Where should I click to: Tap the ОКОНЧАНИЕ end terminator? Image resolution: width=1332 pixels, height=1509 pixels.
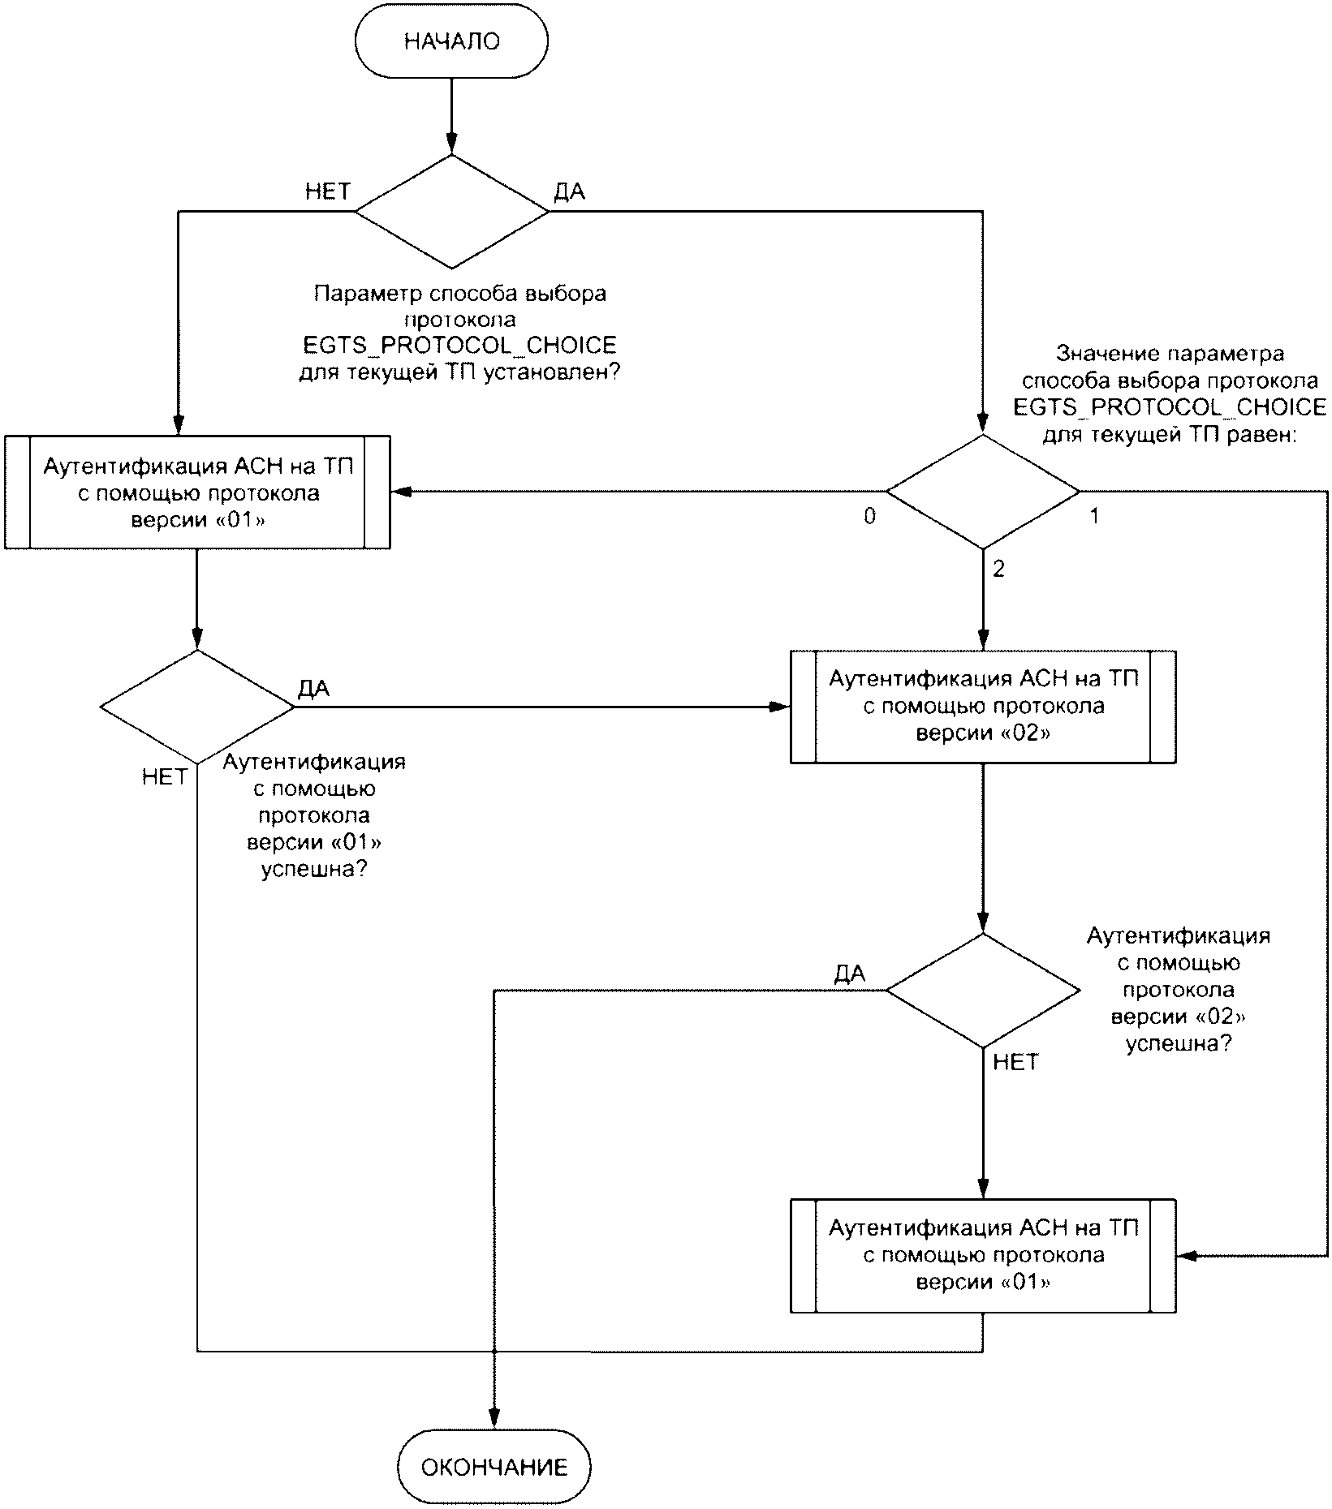click(494, 1466)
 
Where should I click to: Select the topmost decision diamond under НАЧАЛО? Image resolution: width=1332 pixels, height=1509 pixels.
click(452, 211)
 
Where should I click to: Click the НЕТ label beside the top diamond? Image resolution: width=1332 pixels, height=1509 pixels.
click(328, 191)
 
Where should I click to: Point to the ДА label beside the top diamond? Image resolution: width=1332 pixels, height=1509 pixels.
click(569, 191)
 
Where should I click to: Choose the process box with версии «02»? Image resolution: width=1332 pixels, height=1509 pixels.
click(983, 706)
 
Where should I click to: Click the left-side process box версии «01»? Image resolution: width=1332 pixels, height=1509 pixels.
click(197, 492)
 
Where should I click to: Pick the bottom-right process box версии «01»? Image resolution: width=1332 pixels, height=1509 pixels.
click(983, 1255)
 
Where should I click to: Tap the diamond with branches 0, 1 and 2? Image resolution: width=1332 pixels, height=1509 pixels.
click(983, 492)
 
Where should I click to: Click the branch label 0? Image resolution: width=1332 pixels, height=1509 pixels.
click(869, 517)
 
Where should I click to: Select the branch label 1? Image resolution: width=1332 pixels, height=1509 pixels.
click(1094, 516)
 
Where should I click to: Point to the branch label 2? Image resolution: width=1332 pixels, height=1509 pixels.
click(998, 570)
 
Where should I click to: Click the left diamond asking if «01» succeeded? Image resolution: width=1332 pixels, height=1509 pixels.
click(197, 707)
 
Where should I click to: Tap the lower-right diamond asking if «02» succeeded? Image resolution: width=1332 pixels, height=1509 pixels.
click(983, 991)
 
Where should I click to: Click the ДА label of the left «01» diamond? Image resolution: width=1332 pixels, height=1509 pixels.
click(313, 689)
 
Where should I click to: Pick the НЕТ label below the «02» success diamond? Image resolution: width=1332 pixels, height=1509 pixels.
click(1015, 1062)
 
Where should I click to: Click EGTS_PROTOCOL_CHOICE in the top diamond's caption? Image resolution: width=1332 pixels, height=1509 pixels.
click(459, 346)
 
